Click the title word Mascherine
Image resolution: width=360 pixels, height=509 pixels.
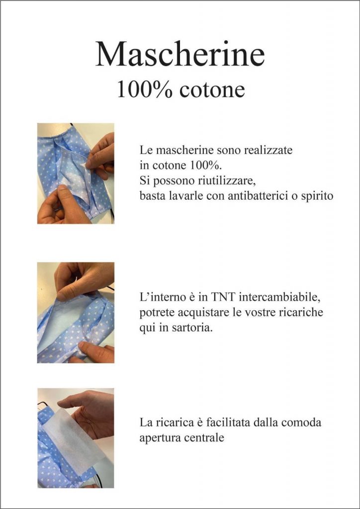(180, 54)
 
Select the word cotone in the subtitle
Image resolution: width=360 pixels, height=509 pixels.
(212, 90)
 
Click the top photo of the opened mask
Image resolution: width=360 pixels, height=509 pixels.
(76, 173)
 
